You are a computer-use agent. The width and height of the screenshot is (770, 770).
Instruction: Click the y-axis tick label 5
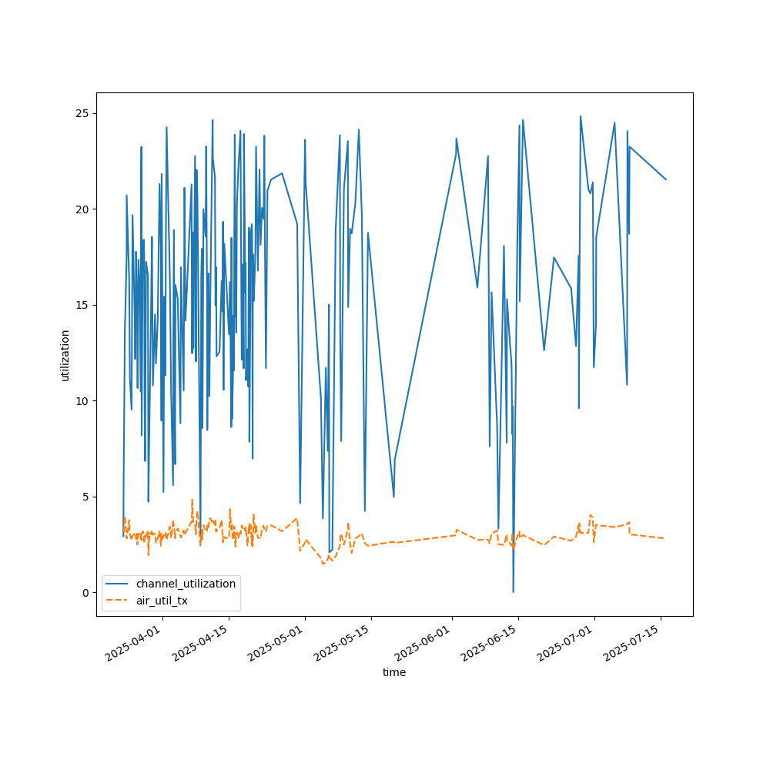click(85, 497)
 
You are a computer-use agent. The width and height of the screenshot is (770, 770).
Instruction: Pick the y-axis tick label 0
click(85, 593)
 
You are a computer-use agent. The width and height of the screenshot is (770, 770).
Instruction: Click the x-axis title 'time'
click(394, 672)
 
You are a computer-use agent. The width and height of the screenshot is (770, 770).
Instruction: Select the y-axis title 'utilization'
click(65, 355)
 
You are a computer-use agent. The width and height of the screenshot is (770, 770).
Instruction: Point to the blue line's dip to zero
click(514, 591)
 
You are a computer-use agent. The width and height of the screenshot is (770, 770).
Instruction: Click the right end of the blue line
click(666, 179)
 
